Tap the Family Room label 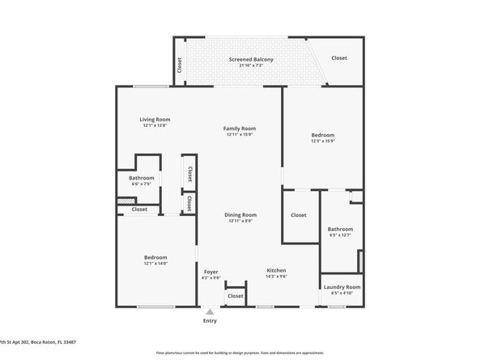(x=240, y=129)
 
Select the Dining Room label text (x=240, y=214)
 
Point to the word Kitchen (x=276, y=270)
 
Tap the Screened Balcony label (x=250, y=60)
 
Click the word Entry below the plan (x=210, y=321)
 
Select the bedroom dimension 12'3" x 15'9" (x=322, y=142)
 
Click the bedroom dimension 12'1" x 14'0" (x=155, y=264)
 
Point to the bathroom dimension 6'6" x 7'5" (x=141, y=184)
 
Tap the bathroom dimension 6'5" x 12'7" (x=340, y=235)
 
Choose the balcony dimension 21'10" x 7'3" (x=250, y=66)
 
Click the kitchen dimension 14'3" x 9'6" (x=276, y=277)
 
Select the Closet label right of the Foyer (x=235, y=296)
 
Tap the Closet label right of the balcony (x=338, y=58)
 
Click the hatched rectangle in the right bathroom (x=360, y=261)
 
